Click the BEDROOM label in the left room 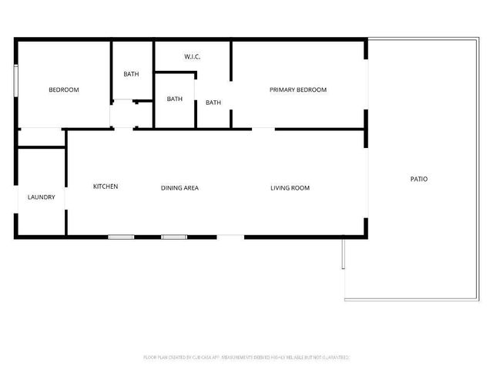point(64,90)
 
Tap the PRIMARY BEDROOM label point(298,90)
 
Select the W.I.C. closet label point(193,57)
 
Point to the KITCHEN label point(106,187)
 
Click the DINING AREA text point(180,187)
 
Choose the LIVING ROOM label point(290,187)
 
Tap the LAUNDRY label point(42,197)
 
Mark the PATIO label point(418,179)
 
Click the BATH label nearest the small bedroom point(132,74)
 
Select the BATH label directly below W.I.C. point(175,99)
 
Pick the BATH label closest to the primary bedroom point(213,103)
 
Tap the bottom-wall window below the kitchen point(121,237)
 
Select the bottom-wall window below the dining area point(174,237)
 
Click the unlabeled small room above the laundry point(42,138)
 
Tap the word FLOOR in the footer point(150,358)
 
